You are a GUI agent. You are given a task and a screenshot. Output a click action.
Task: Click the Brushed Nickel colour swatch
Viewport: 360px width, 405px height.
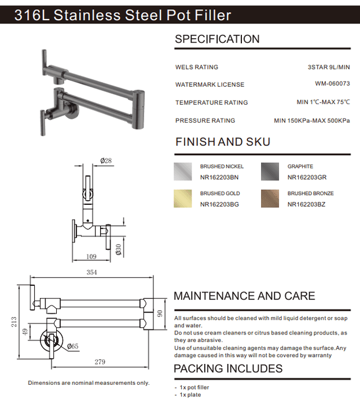[183, 171]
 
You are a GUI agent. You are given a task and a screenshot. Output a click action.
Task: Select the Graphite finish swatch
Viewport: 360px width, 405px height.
[270, 171]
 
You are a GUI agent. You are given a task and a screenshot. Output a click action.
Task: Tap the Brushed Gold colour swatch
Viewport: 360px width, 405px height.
[183, 198]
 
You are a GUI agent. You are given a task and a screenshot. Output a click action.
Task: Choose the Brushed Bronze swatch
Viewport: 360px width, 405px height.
[270, 198]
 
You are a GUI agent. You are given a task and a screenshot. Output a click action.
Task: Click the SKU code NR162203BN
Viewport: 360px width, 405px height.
[219, 178]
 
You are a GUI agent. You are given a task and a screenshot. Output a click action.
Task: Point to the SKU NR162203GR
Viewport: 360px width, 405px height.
[307, 178]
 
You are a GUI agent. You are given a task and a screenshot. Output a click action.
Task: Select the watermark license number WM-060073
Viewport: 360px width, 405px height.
[332, 83]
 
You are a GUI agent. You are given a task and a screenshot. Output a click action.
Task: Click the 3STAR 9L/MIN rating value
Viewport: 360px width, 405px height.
[329, 67]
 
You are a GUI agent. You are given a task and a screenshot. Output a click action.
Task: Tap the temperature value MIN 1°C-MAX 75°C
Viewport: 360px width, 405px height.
[324, 102]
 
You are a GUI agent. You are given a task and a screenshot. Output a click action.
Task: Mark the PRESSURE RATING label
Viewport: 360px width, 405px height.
[205, 120]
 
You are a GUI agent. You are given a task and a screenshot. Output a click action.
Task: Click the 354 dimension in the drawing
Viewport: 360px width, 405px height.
[91, 273]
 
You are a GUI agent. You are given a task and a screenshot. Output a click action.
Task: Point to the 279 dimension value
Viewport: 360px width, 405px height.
[100, 362]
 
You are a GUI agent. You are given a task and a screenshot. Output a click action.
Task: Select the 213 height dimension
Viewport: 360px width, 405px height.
[14, 322]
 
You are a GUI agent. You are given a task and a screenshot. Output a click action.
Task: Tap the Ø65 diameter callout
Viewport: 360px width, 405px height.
[72, 346]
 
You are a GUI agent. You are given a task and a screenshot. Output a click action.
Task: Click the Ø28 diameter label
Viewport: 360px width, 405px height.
[106, 161]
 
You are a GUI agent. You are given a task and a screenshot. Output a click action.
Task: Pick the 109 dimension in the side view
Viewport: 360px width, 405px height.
[91, 256]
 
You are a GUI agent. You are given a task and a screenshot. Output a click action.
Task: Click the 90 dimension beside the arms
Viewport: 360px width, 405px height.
[160, 314]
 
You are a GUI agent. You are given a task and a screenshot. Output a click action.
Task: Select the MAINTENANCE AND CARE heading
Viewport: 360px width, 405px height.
[244, 296]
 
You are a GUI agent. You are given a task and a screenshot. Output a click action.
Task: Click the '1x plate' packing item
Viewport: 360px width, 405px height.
[190, 395]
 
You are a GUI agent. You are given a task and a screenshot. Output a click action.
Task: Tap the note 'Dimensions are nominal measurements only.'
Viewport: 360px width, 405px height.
[89, 383]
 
